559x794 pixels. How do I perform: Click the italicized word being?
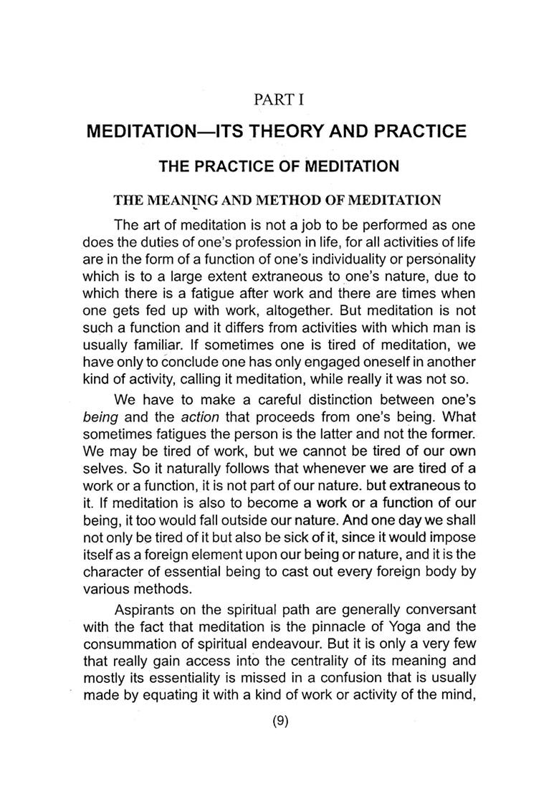[99, 397]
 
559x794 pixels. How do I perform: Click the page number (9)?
[279, 722]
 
